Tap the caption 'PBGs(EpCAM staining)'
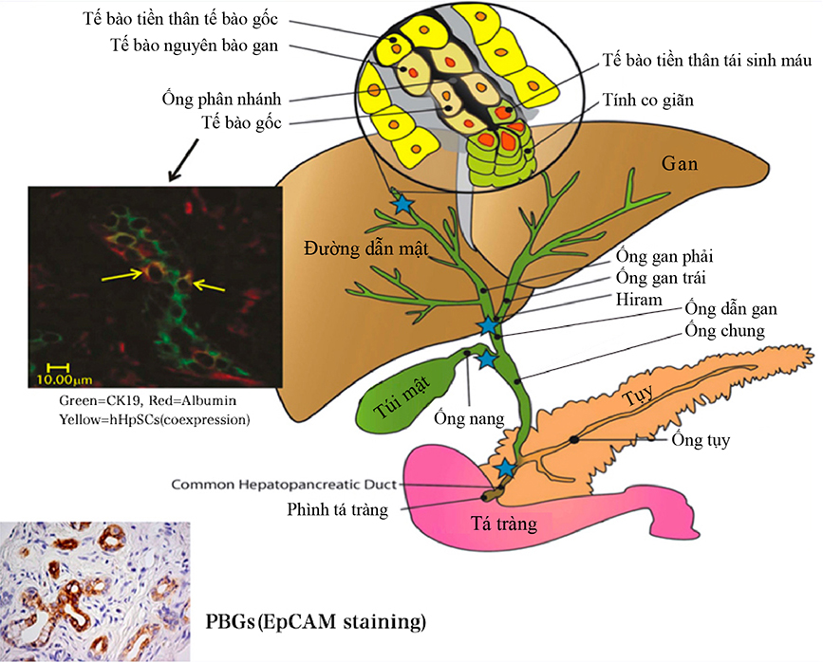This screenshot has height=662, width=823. point(315,623)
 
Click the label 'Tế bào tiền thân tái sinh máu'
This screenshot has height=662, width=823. point(707,63)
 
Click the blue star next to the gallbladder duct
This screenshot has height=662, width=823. point(486,359)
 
